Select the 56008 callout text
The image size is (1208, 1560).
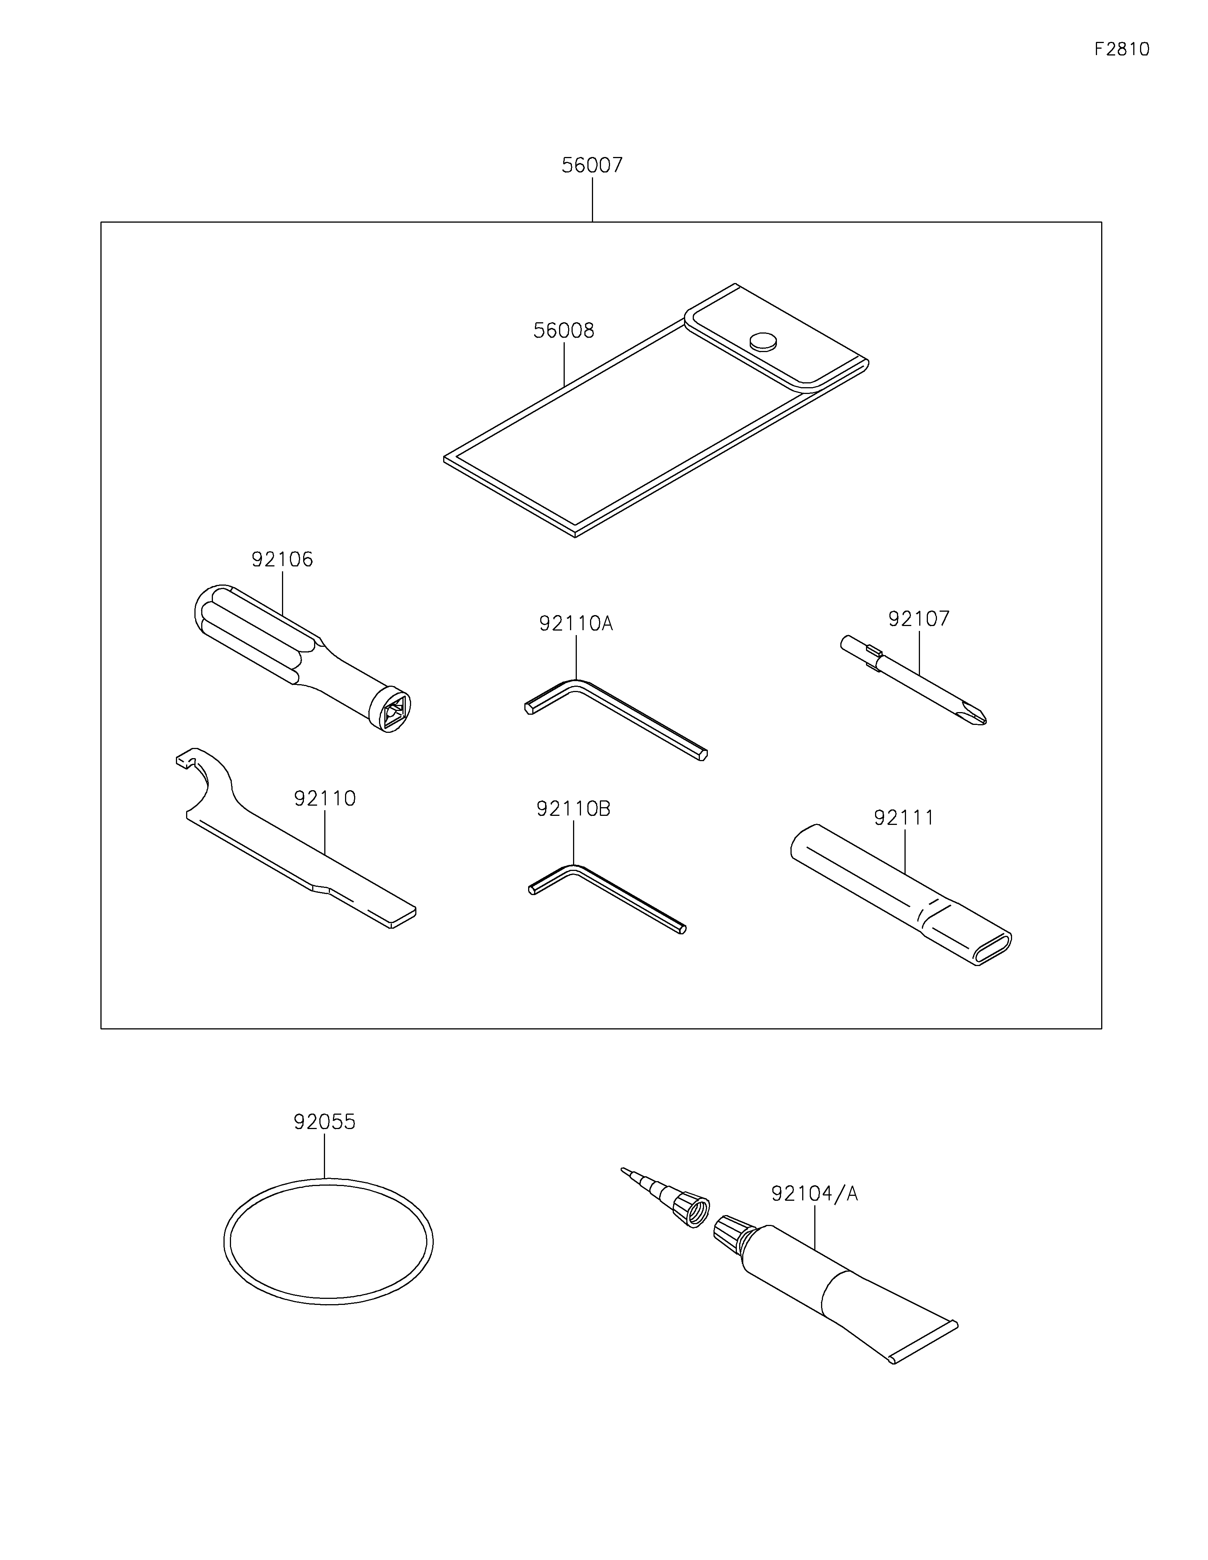pos(564,331)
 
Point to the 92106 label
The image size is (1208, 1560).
pos(282,559)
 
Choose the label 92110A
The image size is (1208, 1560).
pos(576,623)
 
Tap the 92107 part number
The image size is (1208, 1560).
pos(919,618)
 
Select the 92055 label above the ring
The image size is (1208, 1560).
pos(324,1122)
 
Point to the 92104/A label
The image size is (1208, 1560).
pos(814,1194)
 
